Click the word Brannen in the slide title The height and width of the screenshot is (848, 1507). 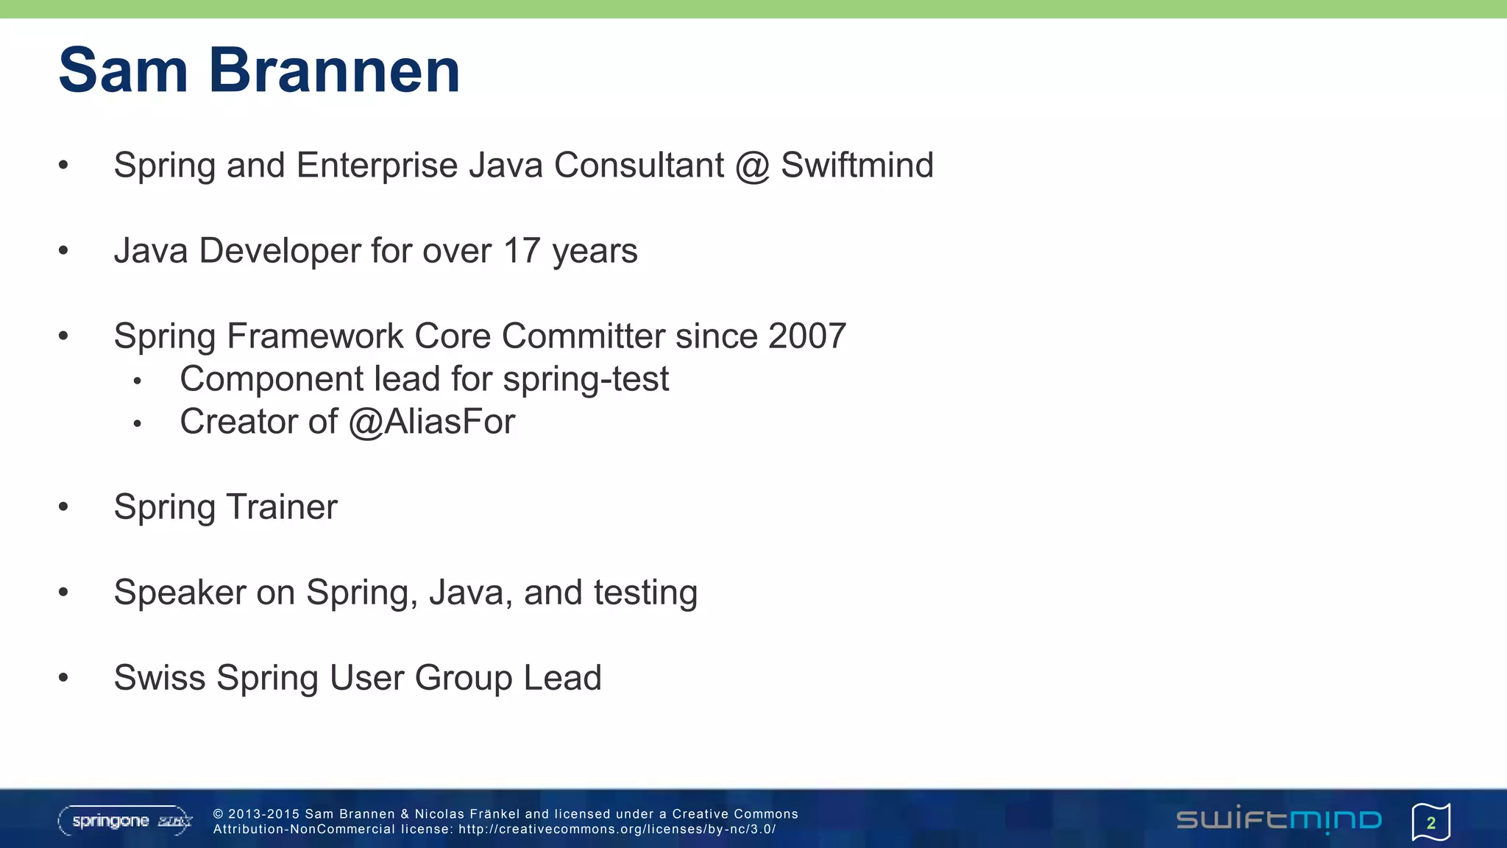click(x=334, y=71)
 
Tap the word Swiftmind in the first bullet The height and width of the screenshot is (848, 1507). click(x=857, y=165)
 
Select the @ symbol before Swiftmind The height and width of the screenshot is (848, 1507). click(x=752, y=166)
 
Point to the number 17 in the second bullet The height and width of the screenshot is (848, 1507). click(x=522, y=250)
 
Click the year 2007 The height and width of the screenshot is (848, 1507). click(x=807, y=336)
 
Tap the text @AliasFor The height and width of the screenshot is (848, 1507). click(x=432, y=423)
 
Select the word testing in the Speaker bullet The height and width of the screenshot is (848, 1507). click(x=645, y=593)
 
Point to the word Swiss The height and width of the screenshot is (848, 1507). click(x=160, y=678)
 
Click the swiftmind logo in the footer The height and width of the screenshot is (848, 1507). click(x=1279, y=820)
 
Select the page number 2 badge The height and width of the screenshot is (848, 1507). click(x=1430, y=822)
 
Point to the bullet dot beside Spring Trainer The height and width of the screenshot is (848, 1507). click(x=63, y=506)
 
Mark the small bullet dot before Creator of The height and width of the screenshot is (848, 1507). click(x=137, y=424)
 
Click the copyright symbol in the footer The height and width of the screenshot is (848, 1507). click(x=218, y=814)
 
